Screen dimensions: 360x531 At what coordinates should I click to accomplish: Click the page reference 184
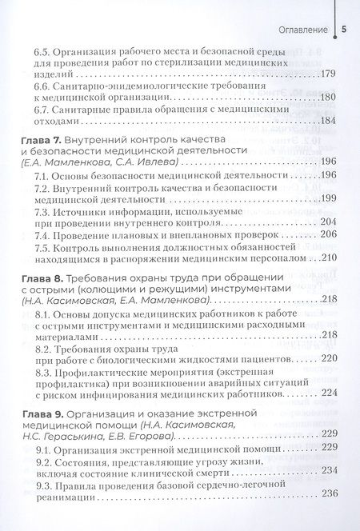tap(331, 122)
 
